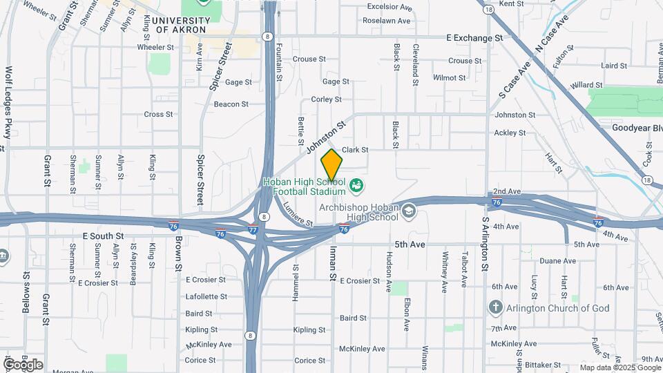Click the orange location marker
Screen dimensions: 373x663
tap(331, 164)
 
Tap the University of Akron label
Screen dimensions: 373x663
tap(179, 25)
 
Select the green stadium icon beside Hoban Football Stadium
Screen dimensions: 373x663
tap(356, 185)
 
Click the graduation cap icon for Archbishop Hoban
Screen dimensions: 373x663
tap(408, 209)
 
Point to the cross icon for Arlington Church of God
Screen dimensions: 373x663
tap(494, 307)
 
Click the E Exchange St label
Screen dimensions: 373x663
tap(474, 37)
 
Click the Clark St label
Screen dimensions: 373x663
tap(355, 149)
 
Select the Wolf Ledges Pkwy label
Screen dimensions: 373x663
tap(9, 102)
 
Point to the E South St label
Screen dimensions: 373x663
tap(103, 236)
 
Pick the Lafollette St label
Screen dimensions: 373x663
tap(206, 296)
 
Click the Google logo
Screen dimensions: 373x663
tap(23, 364)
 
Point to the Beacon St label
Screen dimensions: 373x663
tap(231, 104)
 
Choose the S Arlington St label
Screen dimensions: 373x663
tap(486, 244)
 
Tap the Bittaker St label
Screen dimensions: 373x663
tap(542, 364)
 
